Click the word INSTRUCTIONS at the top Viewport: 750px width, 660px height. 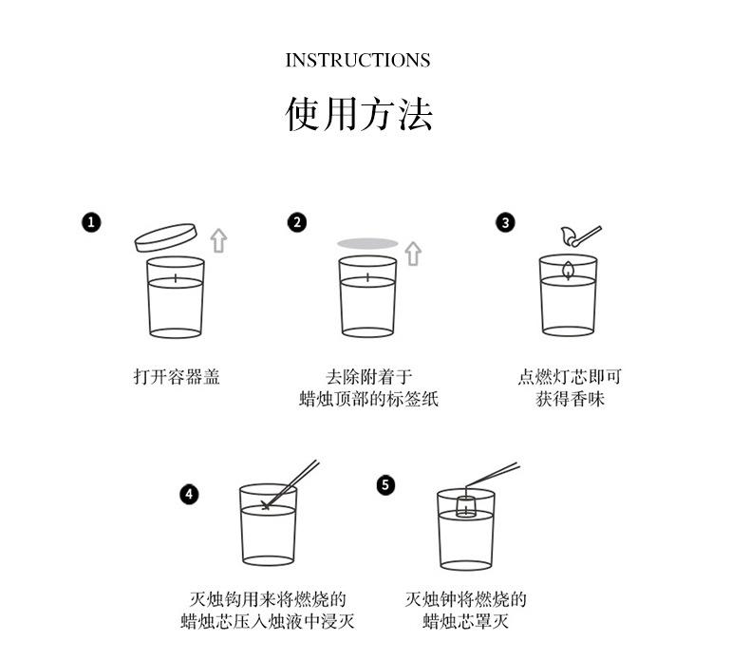[x=358, y=61]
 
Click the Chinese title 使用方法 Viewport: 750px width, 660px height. [x=359, y=114]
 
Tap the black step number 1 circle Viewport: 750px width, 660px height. [x=91, y=222]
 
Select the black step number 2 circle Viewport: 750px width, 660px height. [x=297, y=222]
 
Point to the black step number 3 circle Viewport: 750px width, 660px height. [x=505, y=222]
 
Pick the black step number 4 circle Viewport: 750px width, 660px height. [x=189, y=495]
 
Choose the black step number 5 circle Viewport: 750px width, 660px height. [x=385, y=485]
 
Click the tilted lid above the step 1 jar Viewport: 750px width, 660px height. [x=165, y=237]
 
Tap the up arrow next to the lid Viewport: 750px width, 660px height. [x=218, y=240]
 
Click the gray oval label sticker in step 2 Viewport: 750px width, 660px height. [x=367, y=244]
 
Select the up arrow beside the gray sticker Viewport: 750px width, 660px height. [x=413, y=254]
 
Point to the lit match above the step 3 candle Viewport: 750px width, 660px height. [x=580, y=236]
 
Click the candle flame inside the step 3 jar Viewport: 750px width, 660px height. [x=568, y=271]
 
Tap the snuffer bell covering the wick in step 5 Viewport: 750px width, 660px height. [x=466, y=506]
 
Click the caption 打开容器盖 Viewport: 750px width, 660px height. [x=177, y=377]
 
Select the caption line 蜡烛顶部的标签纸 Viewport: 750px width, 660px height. [x=368, y=399]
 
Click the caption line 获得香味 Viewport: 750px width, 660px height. [x=570, y=399]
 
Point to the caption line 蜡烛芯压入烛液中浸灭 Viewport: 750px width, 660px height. [x=268, y=621]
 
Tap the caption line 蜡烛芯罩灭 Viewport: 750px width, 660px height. [x=465, y=621]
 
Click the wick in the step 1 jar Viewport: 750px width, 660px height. [x=176, y=278]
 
